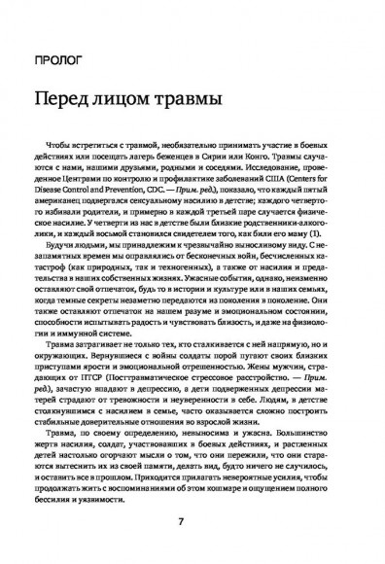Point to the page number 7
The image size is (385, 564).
(192, 521)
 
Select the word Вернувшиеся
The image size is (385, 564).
(82, 364)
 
